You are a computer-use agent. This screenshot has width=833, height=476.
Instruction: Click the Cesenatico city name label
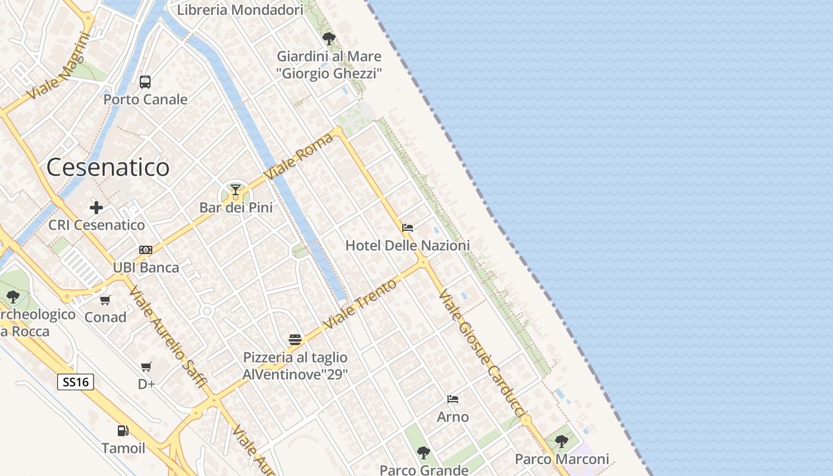108,167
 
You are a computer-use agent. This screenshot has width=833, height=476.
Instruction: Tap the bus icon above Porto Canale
145,82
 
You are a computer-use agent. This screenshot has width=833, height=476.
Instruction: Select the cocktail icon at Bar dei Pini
236,190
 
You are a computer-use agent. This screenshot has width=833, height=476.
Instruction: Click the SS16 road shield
76,382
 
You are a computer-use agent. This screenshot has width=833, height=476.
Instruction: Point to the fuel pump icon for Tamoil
123,431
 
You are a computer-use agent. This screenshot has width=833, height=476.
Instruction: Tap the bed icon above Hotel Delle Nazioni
408,228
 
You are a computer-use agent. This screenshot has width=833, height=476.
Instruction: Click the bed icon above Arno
453,399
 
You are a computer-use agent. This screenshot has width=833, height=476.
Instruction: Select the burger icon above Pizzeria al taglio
295,340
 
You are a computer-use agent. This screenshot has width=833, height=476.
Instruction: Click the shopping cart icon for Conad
105,300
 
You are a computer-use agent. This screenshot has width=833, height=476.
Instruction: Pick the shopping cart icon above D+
146,367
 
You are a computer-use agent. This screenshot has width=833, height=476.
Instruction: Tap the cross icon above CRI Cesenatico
96,208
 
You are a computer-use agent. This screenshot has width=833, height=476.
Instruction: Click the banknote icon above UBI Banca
146,250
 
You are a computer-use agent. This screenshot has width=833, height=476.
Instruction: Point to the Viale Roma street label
299,156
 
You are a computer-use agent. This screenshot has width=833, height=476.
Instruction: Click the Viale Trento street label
359,305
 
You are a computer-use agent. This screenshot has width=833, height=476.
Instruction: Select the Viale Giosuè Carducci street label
483,353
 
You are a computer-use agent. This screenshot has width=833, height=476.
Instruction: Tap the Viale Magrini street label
58,66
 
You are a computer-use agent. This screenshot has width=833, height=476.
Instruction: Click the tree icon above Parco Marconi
561,441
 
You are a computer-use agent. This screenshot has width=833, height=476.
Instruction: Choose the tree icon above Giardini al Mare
328,39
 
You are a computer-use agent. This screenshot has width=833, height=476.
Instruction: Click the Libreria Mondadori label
240,10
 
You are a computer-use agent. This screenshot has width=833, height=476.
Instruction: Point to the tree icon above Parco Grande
423,453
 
